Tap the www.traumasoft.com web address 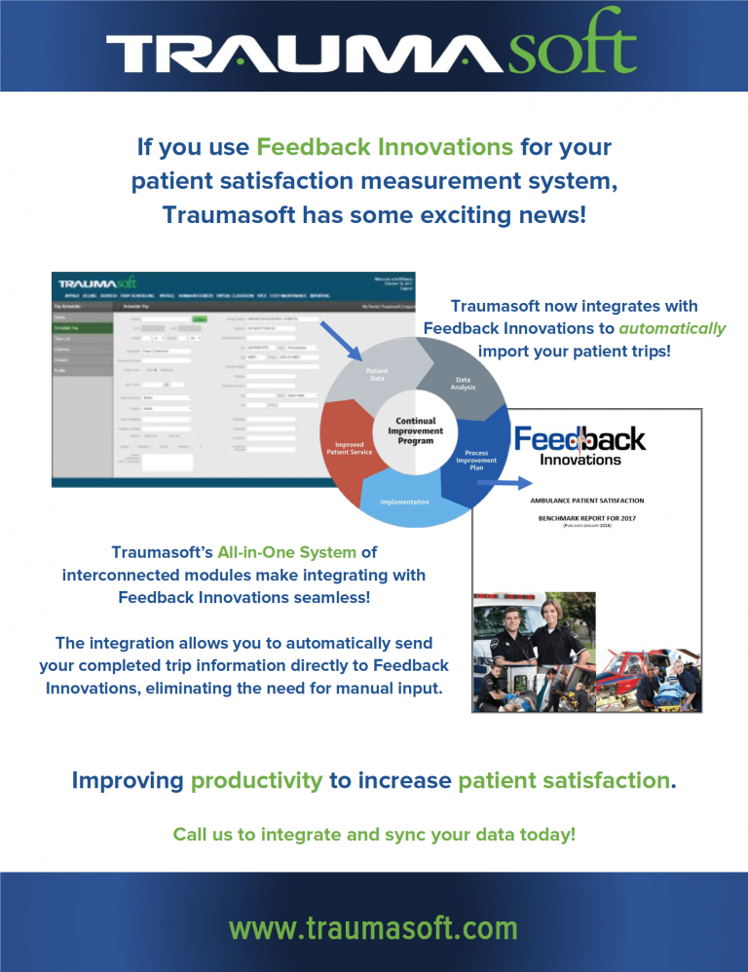coord(373,927)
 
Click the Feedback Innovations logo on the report coord(580,446)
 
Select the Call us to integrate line coord(373,835)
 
